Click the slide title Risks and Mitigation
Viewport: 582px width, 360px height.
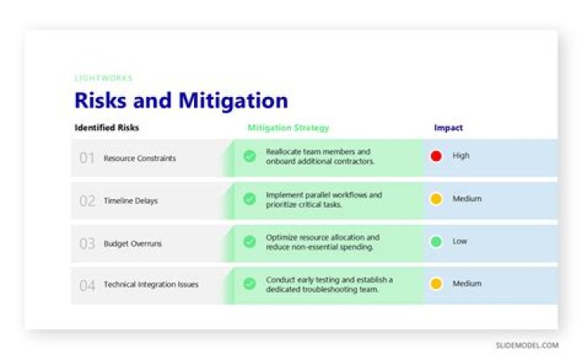tap(181, 101)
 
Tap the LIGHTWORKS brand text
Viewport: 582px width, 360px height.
tap(103, 78)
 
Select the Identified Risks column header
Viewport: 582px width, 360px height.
tap(107, 128)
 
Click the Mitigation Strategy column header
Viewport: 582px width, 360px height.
tap(289, 128)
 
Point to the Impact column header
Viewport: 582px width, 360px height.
tap(449, 128)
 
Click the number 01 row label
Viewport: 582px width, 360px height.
tap(86, 159)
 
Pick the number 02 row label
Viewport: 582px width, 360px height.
tap(86, 201)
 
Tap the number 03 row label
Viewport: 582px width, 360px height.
tap(86, 244)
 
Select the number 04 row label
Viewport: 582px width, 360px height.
tap(86, 286)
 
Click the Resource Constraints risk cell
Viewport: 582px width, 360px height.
tap(140, 159)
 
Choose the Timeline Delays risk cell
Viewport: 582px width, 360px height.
tap(130, 201)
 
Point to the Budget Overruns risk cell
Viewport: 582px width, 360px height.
tap(132, 244)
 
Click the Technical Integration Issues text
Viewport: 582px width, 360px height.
tap(150, 285)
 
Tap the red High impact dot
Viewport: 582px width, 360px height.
tap(436, 156)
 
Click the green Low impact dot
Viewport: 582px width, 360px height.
tap(436, 241)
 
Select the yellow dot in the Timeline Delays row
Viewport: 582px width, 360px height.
tap(436, 199)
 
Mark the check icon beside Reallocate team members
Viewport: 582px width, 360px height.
tap(250, 156)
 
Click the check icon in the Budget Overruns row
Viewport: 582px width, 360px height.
tap(250, 241)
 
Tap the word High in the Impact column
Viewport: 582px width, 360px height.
tap(461, 156)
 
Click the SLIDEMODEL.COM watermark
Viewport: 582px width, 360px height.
tap(527, 345)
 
